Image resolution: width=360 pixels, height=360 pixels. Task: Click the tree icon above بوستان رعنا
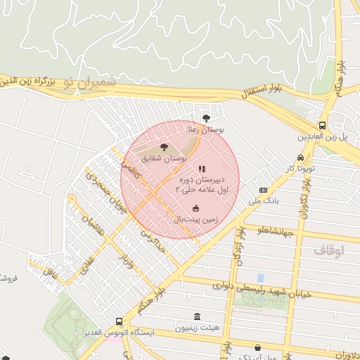tap(206, 118)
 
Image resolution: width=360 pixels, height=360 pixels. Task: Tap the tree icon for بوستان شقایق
tap(164, 147)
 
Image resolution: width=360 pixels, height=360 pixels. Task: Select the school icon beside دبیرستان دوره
tap(202, 169)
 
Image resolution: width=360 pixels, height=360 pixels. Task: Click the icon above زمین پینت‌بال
tap(195, 207)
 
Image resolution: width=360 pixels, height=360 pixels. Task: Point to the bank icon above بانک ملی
tap(263, 190)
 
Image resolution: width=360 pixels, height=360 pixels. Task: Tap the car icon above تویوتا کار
tap(301, 157)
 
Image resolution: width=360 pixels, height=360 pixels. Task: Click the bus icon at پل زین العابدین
tap(322, 124)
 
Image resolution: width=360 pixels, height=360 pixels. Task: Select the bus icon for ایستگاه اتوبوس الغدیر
tap(118, 320)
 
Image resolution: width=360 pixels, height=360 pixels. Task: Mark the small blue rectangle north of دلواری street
tap(261, 278)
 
